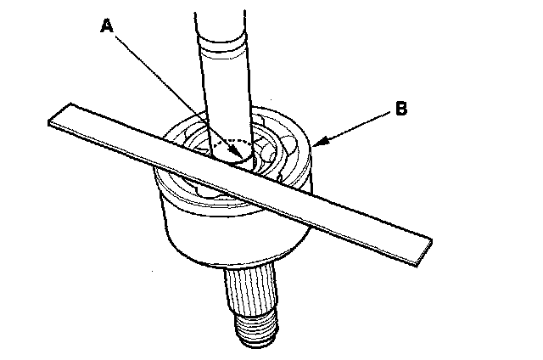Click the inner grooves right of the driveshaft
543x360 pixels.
click(271, 154)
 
